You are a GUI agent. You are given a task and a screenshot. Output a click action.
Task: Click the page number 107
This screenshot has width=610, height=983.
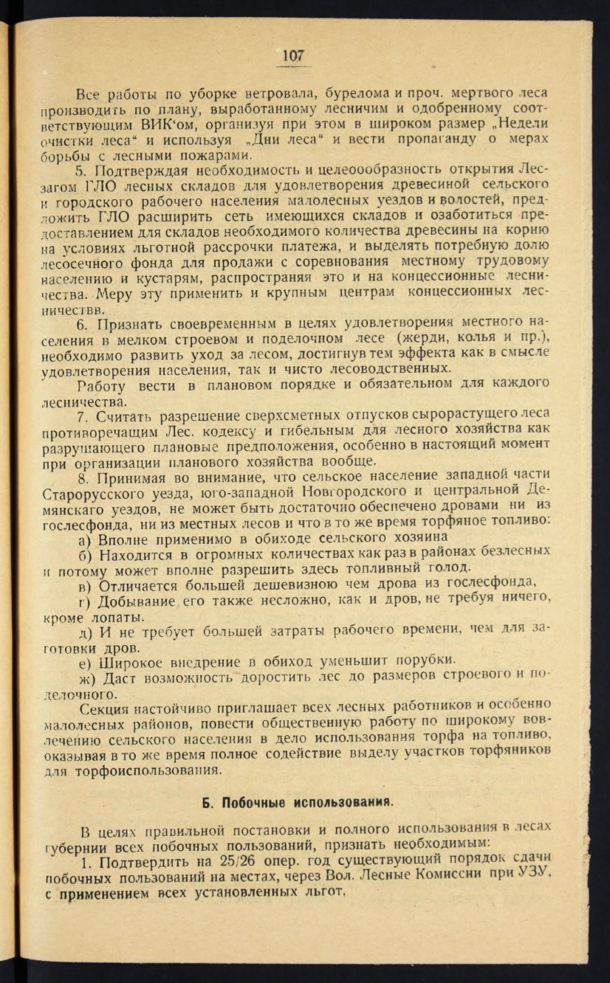coord(293,56)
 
